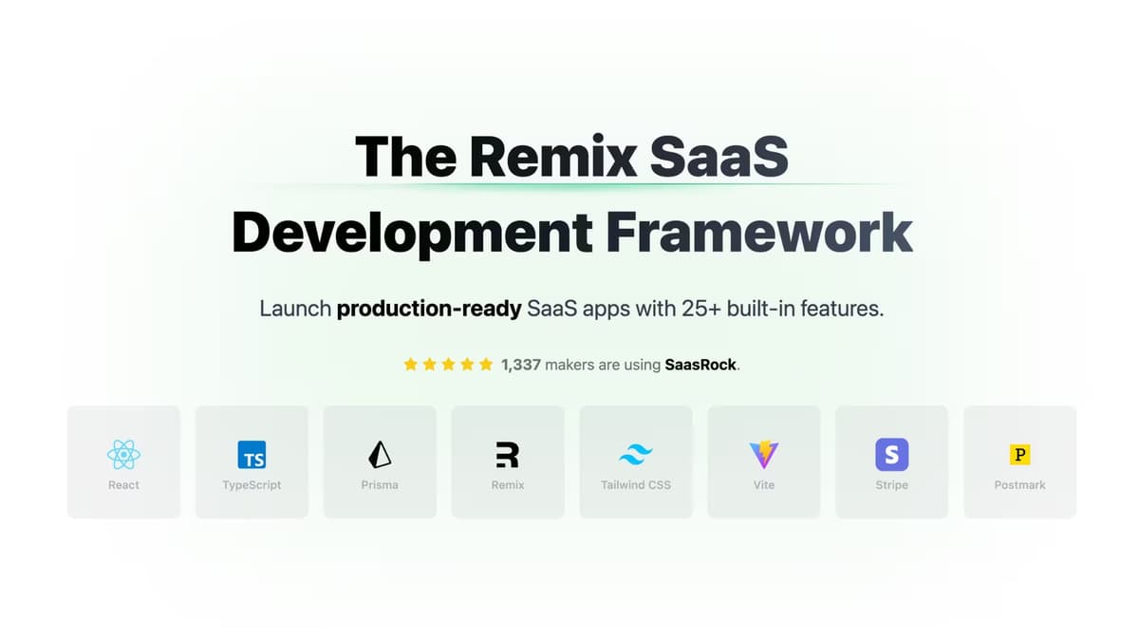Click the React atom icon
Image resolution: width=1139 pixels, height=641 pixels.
click(x=123, y=455)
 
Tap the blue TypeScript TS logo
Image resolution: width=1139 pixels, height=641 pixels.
click(x=252, y=455)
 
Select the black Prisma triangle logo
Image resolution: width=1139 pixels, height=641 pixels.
click(x=380, y=455)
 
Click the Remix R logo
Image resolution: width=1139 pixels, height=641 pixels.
click(x=508, y=455)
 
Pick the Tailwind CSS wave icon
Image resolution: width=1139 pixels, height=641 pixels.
click(x=635, y=455)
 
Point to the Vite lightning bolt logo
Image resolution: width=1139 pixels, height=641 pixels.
click(x=764, y=455)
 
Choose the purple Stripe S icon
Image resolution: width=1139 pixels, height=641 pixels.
click(x=891, y=455)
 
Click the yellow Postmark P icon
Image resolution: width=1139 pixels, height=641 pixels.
click(x=1019, y=455)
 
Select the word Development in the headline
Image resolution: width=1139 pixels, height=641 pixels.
click(x=412, y=232)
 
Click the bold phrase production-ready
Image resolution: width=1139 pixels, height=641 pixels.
click(x=429, y=310)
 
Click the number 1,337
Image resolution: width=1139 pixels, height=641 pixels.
click(x=521, y=364)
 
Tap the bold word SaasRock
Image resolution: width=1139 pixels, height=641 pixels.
click(x=700, y=364)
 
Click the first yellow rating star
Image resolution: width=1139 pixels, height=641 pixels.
click(x=411, y=364)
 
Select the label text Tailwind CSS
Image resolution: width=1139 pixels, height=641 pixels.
click(x=635, y=485)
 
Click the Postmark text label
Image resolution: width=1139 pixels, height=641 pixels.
click(x=1019, y=485)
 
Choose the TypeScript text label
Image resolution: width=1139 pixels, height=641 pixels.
click(x=252, y=485)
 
